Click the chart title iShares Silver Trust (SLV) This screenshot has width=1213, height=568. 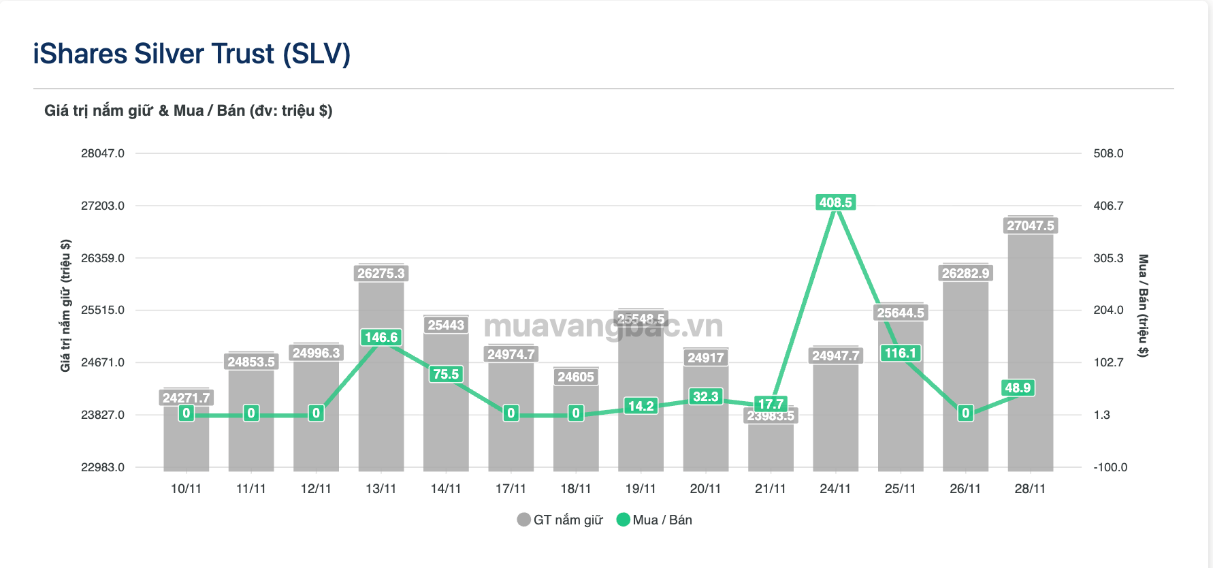[x=192, y=54]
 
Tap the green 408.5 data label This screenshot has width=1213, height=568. [x=835, y=202]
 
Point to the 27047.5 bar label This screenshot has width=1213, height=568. [x=1030, y=225]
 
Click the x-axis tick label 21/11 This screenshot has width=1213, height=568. [x=770, y=488]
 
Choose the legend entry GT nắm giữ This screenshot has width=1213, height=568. [x=560, y=520]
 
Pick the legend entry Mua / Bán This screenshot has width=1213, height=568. [x=654, y=520]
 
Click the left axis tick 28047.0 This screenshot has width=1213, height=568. [x=103, y=153]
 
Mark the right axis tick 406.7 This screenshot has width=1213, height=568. [x=1108, y=206]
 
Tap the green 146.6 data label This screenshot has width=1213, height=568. [x=381, y=337]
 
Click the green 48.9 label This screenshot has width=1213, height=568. [x=1018, y=388]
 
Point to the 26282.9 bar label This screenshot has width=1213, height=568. [x=965, y=273]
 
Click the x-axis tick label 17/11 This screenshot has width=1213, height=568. [x=511, y=488]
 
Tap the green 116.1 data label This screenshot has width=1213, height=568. [x=900, y=353]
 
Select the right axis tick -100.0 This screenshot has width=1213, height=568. [x=1110, y=467]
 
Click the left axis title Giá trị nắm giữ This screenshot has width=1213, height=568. [x=65, y=305]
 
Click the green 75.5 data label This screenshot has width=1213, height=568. [x=446, y=374]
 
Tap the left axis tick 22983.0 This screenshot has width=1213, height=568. [x=103, y=467]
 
